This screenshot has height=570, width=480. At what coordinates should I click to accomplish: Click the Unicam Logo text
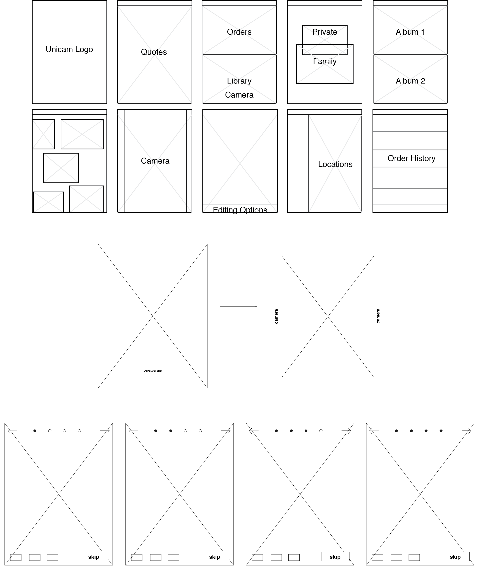point(69,49)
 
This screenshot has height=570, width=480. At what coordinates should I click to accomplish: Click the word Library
point(239,81)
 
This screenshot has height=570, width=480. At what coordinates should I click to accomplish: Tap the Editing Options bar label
point(240,210)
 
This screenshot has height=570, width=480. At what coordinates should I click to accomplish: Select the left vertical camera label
point(276,316)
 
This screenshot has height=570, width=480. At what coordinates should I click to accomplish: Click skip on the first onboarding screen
point(94,557)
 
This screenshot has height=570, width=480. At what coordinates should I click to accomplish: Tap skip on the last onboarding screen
point(455,557)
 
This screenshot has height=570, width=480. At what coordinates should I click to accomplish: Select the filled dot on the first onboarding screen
point(35,431)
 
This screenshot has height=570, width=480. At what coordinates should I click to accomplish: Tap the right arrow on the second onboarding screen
point(226,431)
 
